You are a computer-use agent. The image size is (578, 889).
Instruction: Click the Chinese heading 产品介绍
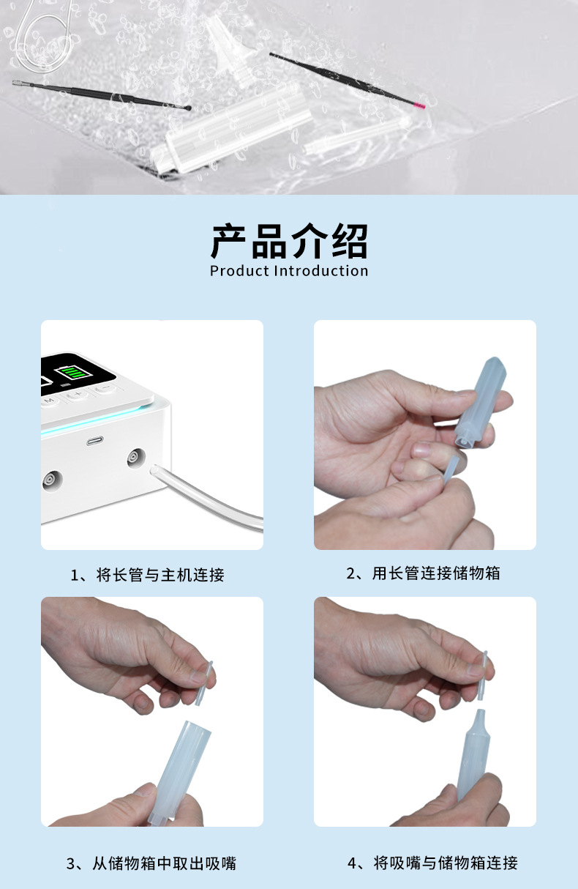coord(289,241)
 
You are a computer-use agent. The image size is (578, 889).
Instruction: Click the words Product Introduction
coord(289,271)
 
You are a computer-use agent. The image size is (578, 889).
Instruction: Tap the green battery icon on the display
coord(74,373)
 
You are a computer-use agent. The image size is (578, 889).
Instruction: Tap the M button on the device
coord(49,401)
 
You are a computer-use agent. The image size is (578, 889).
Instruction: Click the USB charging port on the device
coord(94,441)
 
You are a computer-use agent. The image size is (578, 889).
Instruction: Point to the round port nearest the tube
coord(136,458)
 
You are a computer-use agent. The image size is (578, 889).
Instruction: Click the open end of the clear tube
coord(153,470)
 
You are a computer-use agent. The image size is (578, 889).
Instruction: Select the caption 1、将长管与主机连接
coord(148,575)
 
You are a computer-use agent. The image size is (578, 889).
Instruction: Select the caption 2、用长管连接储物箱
coord(424,573)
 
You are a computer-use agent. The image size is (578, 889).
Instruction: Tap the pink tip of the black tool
coord(419,105)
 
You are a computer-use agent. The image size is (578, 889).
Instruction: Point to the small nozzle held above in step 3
coord(204,682)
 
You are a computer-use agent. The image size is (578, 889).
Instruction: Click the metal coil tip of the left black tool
coord(23,83)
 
